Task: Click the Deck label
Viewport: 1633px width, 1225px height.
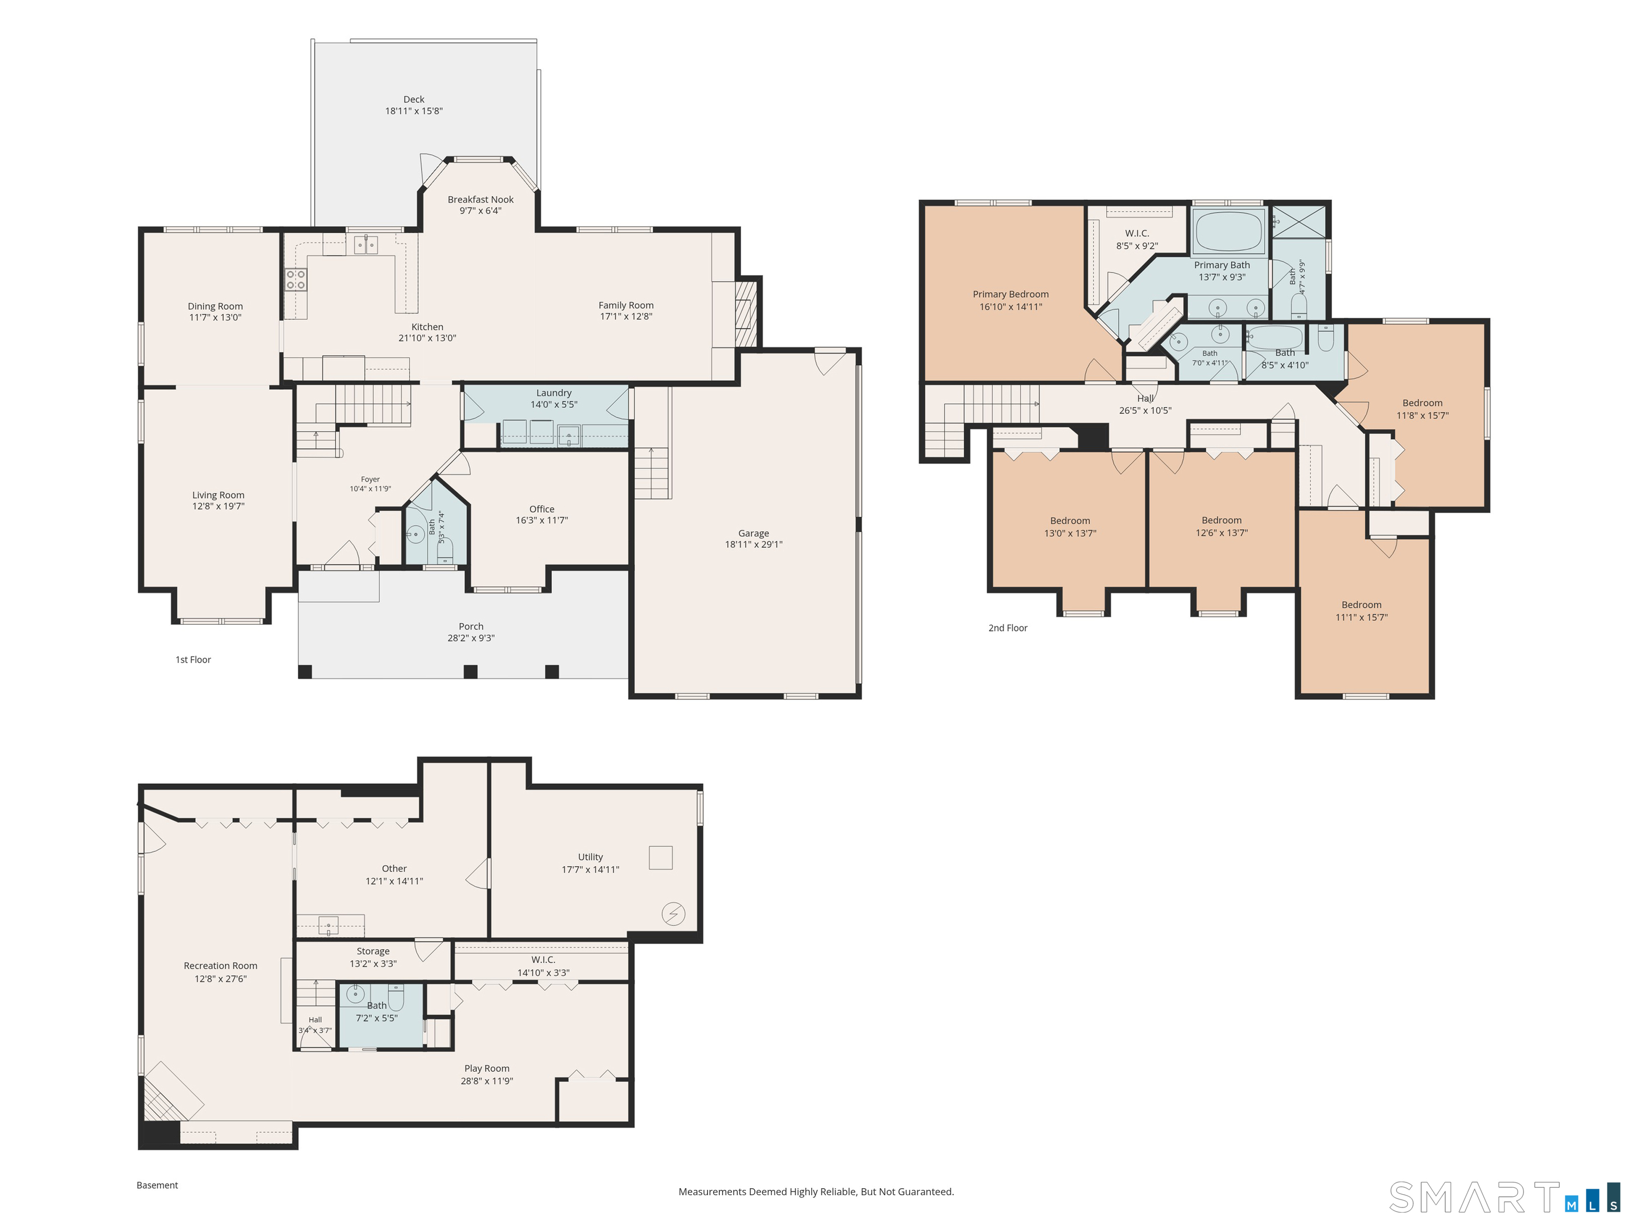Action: [414, 99]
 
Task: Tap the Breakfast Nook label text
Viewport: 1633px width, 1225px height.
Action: [481, 199]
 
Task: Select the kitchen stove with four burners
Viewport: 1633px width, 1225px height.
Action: [296, 279]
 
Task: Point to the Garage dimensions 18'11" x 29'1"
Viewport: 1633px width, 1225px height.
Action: [754, 544]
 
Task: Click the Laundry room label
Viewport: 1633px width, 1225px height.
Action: [554, 393]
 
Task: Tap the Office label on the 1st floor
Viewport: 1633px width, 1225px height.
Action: [542, 509]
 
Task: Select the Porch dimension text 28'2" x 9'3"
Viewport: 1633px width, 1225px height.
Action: [471, 638]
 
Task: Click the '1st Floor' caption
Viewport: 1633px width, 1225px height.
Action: [193, 659]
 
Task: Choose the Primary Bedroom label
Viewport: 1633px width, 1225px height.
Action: [1011, 294]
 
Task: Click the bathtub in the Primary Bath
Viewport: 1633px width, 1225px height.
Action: [1228, 232]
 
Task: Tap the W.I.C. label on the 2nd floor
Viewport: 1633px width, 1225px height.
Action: [1137, 233]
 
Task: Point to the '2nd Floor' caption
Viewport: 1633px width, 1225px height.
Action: [1008, 627]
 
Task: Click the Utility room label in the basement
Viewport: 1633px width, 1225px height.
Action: [591, 857]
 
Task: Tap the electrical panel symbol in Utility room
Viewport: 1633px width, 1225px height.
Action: [674, 913]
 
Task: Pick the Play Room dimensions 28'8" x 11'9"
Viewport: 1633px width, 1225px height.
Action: [486, 1080]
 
